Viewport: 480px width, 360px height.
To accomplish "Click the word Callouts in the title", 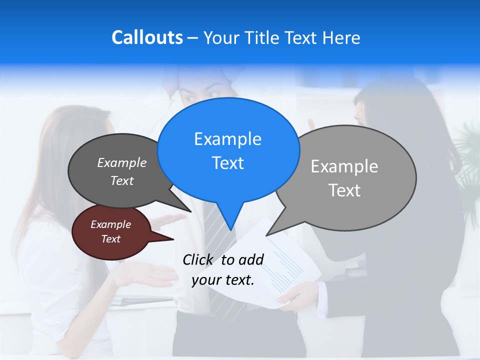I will (147, 37).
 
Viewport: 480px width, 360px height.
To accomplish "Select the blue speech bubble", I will (228, 150).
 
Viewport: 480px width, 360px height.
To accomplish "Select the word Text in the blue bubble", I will (228, 163).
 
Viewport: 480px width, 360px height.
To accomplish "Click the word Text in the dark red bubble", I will (111, 239).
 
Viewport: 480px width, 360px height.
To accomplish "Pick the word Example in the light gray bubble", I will (344, 166).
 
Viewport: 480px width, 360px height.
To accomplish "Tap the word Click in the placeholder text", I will (198, 259).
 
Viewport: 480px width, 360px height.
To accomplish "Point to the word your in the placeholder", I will (206, 280).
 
